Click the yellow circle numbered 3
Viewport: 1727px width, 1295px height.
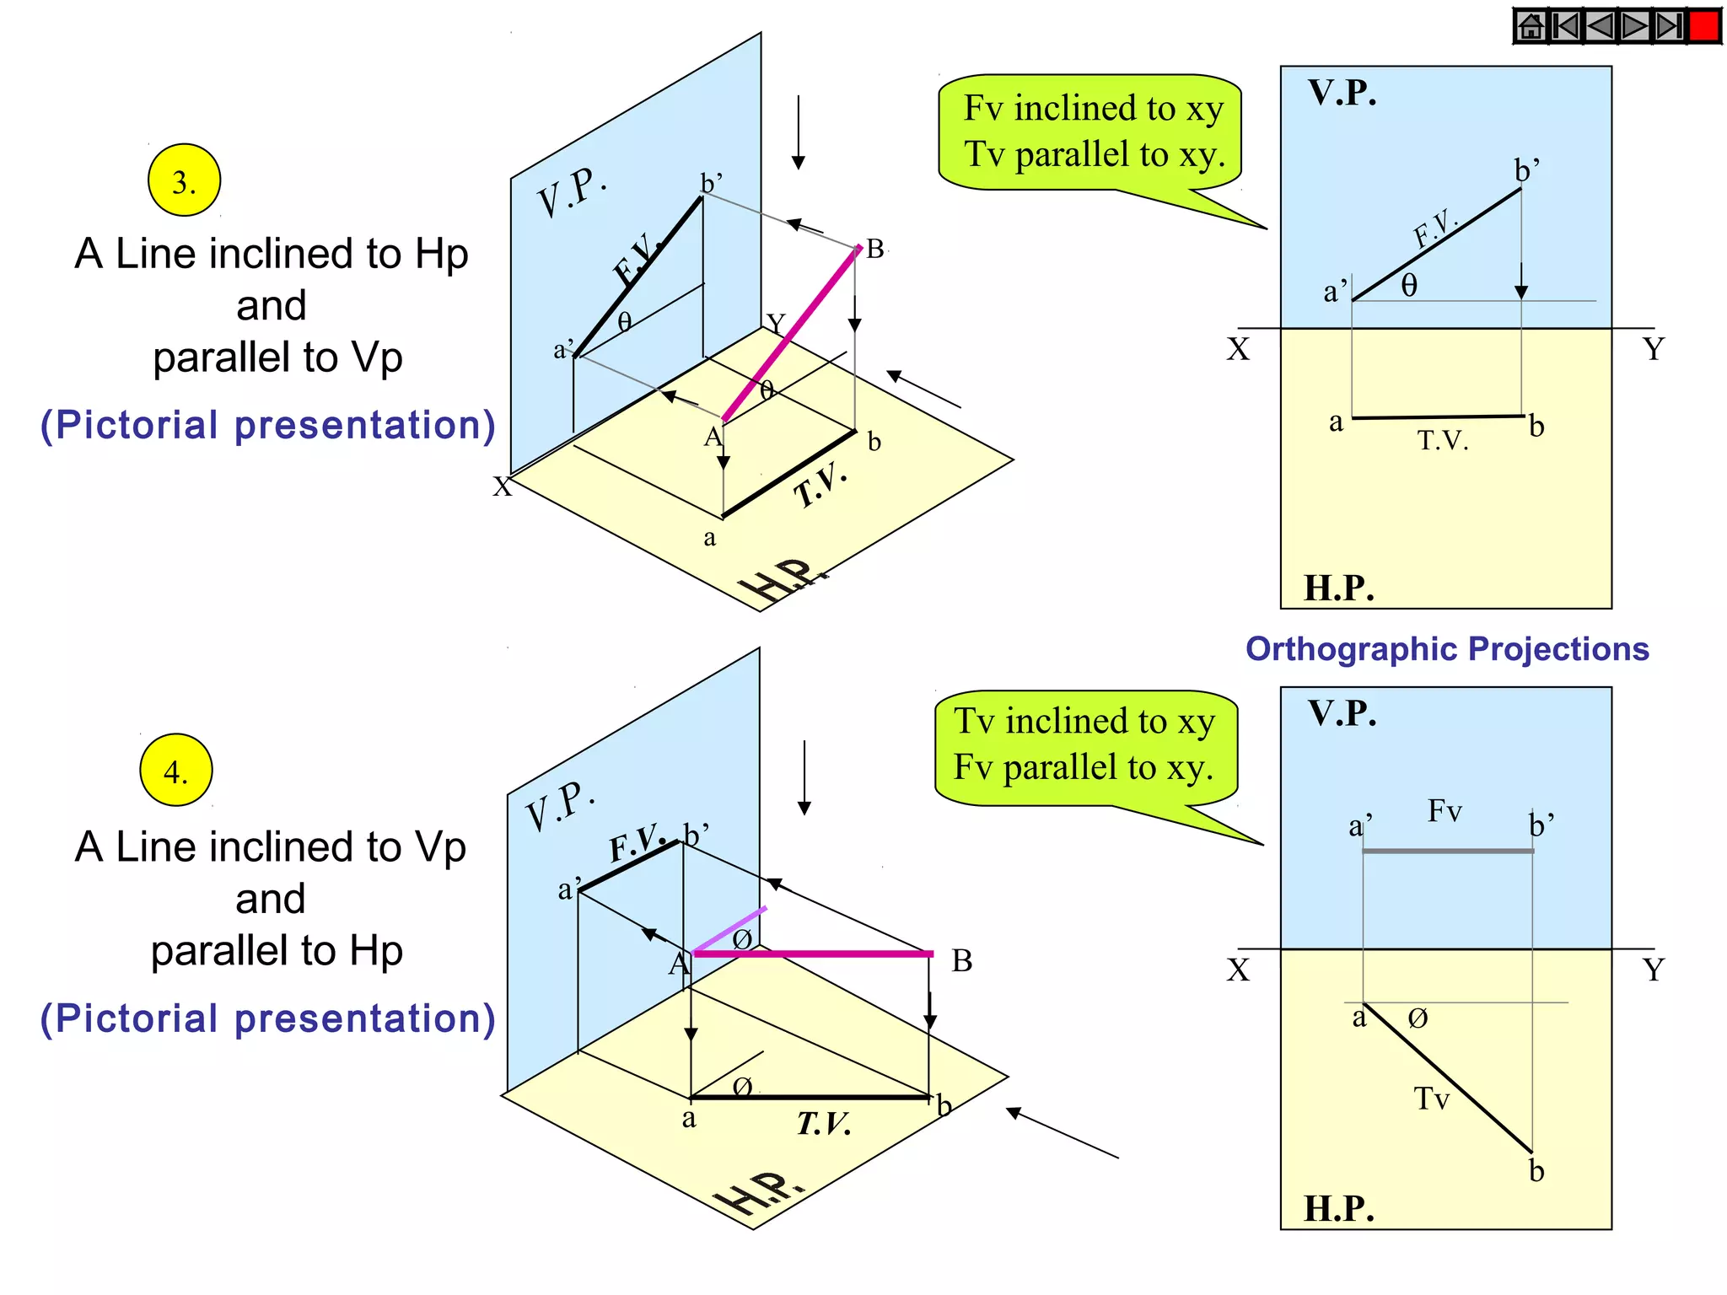tap(184, 180)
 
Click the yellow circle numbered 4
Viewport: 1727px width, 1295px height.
tap(176, 771)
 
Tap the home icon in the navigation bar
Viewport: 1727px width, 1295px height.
tap(1531, 26)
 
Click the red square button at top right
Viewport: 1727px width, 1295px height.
tap(1704, 26)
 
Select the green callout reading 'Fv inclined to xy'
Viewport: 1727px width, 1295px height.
tap(1090, 132)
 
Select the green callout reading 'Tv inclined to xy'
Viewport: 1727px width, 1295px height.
tap(1085, 746)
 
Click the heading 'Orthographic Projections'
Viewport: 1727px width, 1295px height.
tap(1447, 649)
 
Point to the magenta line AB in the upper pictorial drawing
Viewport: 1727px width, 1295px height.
tap(791, 334)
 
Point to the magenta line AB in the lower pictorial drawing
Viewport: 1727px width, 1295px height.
tap(813, 954)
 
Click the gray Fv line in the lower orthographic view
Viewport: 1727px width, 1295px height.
tap(1447, 851)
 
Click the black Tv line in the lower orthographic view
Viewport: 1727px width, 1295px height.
tap(1447, 1077)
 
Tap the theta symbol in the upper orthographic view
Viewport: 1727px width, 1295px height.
tap(1409, 286)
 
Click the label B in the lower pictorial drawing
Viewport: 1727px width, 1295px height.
tap(962, 961)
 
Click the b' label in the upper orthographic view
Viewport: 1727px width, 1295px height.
tap(1526, 170)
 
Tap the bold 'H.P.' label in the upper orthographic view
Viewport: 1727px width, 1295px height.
tap(1339, 588)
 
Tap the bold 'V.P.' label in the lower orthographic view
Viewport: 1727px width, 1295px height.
tap(1342, 713)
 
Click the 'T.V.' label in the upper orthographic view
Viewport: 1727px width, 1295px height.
tap(1443, 440)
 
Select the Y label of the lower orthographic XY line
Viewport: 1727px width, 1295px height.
tap(1654, 970)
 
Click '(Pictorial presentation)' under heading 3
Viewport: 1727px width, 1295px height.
tap(268, 425)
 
